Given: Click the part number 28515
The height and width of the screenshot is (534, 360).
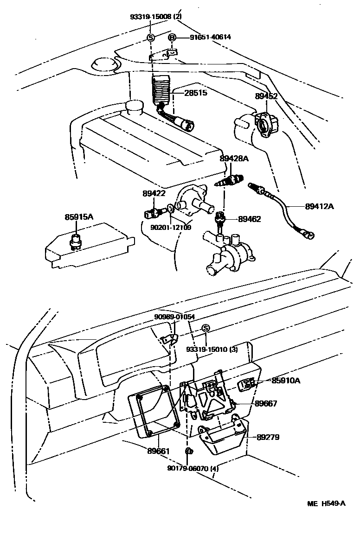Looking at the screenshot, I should [196, 93].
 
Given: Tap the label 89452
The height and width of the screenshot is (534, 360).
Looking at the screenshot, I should [266, 96].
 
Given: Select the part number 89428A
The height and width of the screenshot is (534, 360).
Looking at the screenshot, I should [234, 159].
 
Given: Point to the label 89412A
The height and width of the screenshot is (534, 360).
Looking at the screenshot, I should [319, 205].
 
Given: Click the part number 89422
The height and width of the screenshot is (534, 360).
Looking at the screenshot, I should [154, 193].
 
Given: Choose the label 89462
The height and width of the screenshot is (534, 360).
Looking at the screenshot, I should [250, 219].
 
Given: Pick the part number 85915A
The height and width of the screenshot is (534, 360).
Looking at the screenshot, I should [79, 216].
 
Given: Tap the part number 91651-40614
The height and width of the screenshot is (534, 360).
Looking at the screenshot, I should [210, 38].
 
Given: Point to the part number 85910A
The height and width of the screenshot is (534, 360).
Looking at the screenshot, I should [286, 381].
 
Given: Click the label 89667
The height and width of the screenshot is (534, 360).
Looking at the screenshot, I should [267, 404].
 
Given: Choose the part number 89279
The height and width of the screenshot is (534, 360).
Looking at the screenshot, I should [268, 437].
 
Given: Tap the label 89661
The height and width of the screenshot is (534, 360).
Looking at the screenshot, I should [158, 450].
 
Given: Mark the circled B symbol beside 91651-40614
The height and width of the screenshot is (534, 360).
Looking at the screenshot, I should [172, 38].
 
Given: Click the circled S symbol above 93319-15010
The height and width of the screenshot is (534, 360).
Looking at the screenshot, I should [206, 328].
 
